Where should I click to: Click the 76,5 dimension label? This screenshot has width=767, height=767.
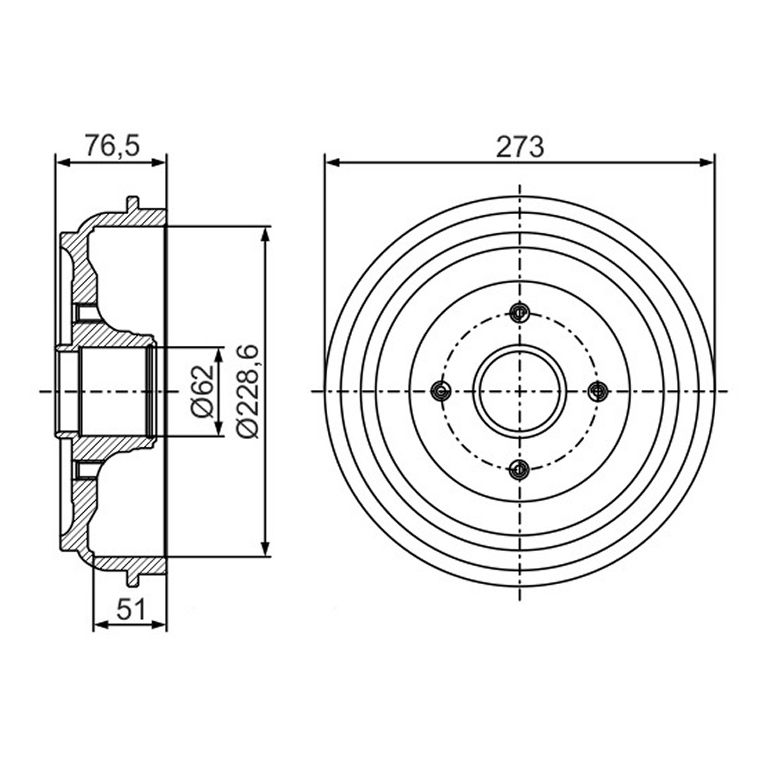point(112,147)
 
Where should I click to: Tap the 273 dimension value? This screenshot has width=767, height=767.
point(520,147)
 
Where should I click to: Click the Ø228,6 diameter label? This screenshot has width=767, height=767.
point(247,392)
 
